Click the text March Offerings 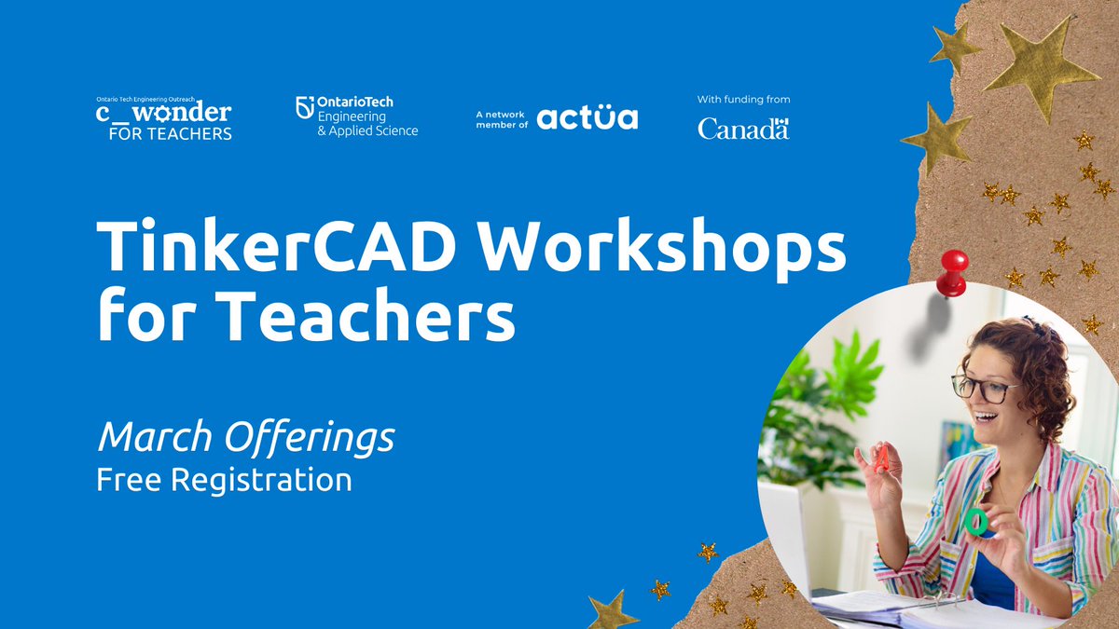click(246, 437)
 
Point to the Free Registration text click(224, 481)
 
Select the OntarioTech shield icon click(304, 108)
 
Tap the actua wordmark click(587, 117)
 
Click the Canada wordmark click(743, 129)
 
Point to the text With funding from click(743, 99)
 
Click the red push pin click(952, 272)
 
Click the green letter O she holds click(976, 520)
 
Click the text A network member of click(502, 118)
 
